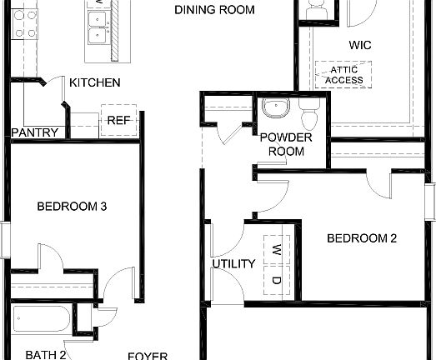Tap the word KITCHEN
coord(95,82)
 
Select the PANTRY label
coord(35,132)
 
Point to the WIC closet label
coord(360,44)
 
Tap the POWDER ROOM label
coord(286,144)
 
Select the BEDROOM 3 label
coord(72,205)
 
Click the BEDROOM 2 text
coord(361,238)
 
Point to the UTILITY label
coord(233,264)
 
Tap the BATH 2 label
coord(45,354)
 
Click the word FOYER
coord(147,356)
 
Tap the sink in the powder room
coord(273,109)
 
